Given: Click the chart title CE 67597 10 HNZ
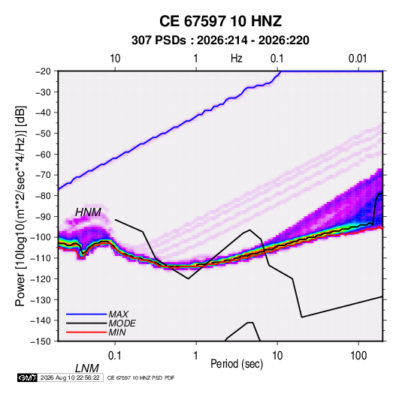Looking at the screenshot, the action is (x=220, y=21).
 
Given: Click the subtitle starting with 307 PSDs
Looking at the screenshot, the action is (x=220, y=41).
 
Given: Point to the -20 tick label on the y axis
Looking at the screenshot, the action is (x=43, y=71).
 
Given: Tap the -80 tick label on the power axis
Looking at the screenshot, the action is (x=43, y=196).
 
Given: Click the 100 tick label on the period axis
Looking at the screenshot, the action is (x=358, y=356).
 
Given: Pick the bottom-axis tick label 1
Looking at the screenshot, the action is (x=196, y=356).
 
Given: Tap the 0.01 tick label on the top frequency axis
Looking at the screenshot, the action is (x=358, y=59).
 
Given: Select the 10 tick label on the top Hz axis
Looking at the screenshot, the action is (x=115, y=59).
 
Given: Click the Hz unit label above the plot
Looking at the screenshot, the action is (x=237, y=59).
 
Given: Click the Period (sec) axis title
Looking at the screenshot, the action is (x=237, y=364).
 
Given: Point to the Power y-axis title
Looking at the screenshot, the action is (x=20, y=206).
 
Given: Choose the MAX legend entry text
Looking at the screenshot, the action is (x=119, y=314).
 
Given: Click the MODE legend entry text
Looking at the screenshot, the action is (x=122, y=323).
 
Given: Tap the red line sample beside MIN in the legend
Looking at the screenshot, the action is (x=86, y=332).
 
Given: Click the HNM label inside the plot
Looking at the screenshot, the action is (x=88, y=212).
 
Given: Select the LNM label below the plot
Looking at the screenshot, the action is (x=86, y=368).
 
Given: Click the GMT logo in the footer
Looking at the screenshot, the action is (x=28, y=377).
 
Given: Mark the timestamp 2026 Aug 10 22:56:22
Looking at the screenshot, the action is (x=70, y=377).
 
